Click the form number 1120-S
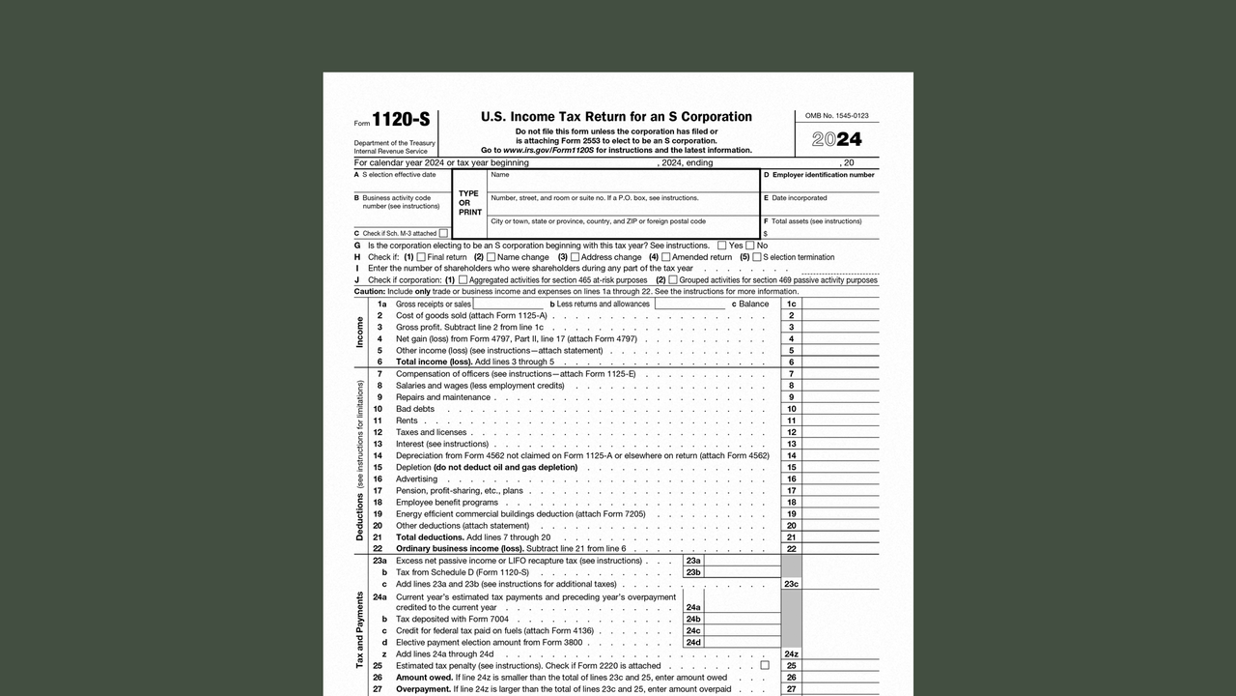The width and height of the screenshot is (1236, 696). click(x=401, y=120)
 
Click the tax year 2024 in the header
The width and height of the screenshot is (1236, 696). click(x=836, y=139)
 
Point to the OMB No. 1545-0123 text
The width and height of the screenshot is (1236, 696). click(x=836, y=116)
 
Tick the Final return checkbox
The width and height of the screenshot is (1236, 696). click(x=421, y=257)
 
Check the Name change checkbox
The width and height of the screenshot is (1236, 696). click(x=491, y=257)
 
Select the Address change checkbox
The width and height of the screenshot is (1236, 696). click(x=575, y=257)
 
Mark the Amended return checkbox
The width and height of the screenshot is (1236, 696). click(x=665, y=257)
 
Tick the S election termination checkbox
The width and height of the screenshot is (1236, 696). click(x=756, y=257)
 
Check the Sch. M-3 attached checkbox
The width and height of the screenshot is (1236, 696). click(x=443, y=233)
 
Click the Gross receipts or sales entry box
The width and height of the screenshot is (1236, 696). click(x=508, y=304)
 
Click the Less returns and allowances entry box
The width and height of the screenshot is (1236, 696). click(x=689, y=304)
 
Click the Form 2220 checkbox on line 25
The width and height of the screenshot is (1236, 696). click(x=765, y=665)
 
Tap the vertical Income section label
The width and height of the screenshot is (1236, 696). click(x=360, y=332)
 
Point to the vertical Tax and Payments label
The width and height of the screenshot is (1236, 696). click(x=360, y=629)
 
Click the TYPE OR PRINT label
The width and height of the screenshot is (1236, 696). click(x=469, y=203)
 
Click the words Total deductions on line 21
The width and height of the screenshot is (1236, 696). click(x=430, y=537)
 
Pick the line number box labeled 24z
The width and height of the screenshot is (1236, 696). click(x=791, y=654)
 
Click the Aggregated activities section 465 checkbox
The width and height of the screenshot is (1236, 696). click(x=463, y=280)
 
